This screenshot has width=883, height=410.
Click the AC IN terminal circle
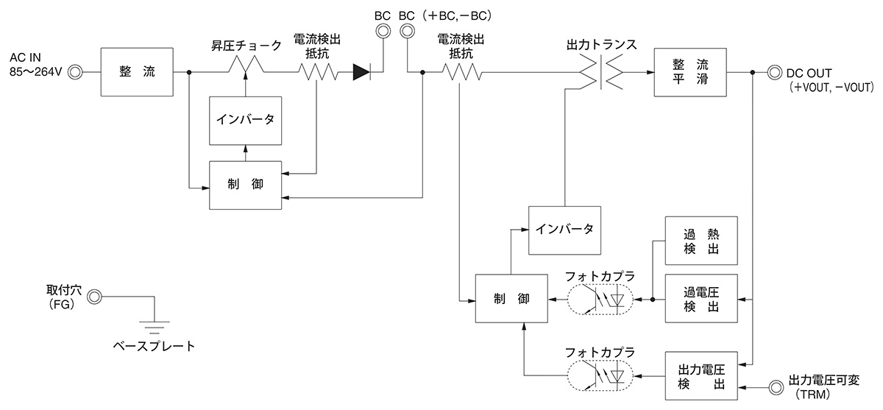[x=74, y=72]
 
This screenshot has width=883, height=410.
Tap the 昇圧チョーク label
[x=246, y=46]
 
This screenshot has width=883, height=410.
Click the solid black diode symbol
[x=362, y=72]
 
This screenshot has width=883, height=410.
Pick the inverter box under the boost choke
[x=246, y=120]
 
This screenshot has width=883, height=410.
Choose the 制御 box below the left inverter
[x=246, y=184]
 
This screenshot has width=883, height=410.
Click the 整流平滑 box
[x=689, y=72]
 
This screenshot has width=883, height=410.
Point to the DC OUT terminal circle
[x=773, y=72]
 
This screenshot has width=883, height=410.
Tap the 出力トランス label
[x=601, y=46]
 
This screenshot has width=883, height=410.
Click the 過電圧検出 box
[x=701, y=299]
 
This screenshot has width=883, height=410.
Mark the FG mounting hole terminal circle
[x=94, y=297]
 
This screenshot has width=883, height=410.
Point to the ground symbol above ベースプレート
[x=154, y=324]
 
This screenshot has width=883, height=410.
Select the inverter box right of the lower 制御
[x=564, y=229]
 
